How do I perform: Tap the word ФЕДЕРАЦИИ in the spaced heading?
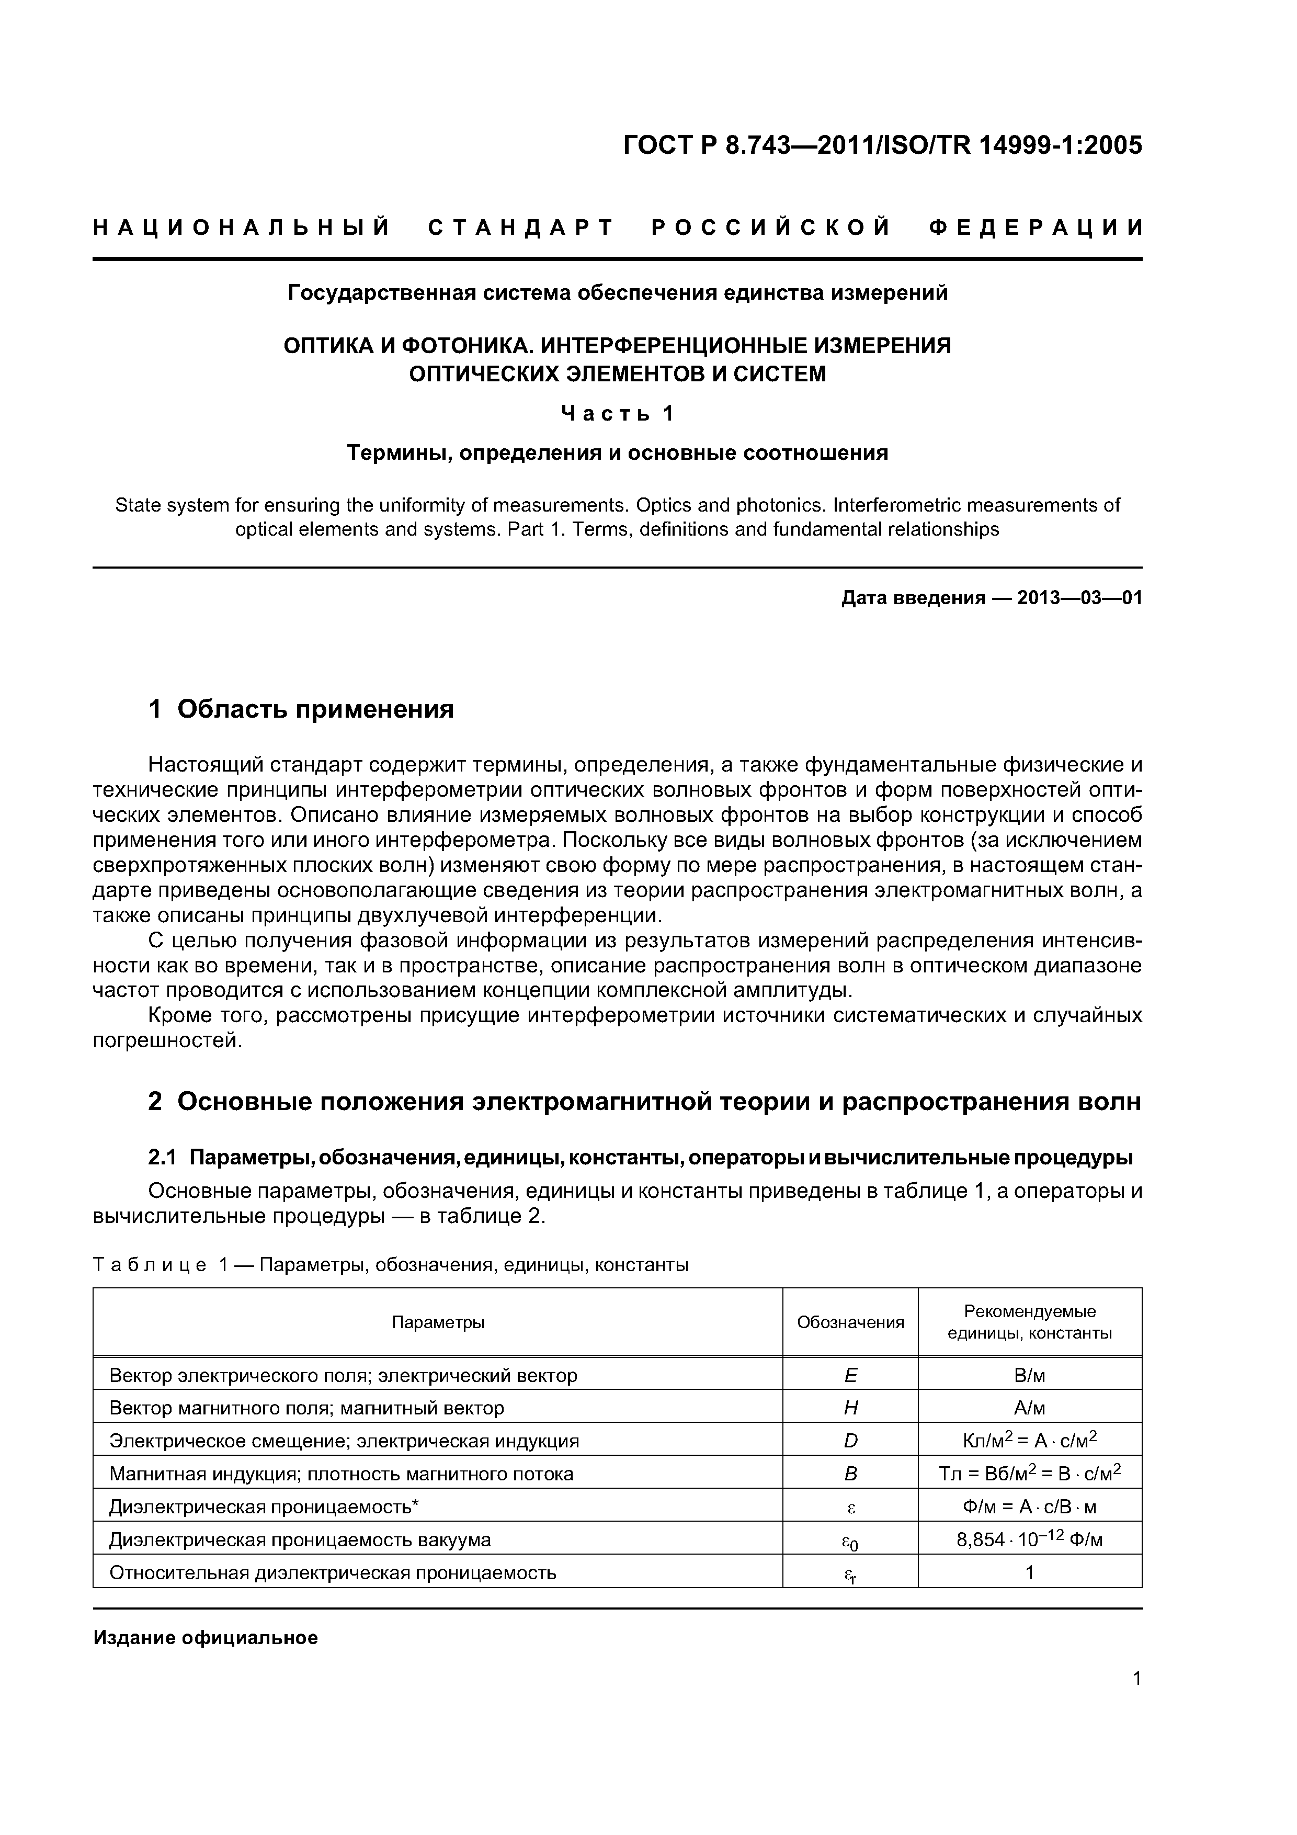1036,228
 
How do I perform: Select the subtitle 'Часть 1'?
617,413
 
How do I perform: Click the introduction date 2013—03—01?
1079,598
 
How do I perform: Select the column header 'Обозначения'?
850,1322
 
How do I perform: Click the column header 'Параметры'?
438,1322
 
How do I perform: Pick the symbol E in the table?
850,1375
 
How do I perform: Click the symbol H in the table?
850,1408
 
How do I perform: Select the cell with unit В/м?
1029,1375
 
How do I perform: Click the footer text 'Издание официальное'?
206,1638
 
